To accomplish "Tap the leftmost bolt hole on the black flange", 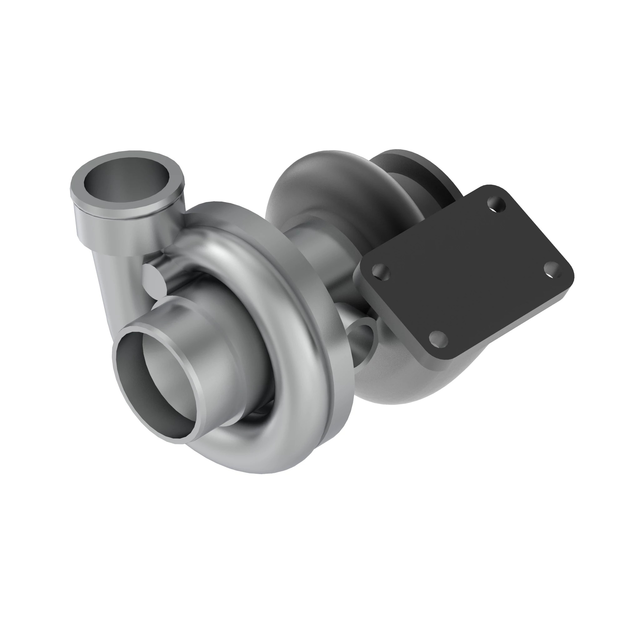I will pyautogui.click(x=381, y=271).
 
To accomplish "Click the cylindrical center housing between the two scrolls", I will pyautogui.click(x=320, y=246).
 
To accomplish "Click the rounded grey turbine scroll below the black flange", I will pyautogui.click(x=421, y=382).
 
